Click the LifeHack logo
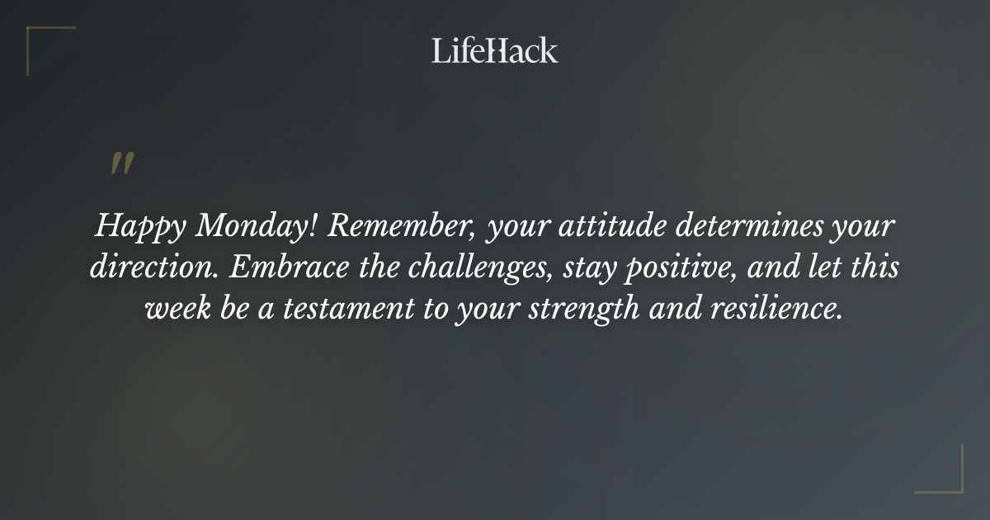pos(494,50)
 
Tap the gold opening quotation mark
pos(122,163)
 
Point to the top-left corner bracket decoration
pos(41,41)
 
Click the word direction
pos(156,268)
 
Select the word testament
pos(358,310)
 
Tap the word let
pos(827,268)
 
